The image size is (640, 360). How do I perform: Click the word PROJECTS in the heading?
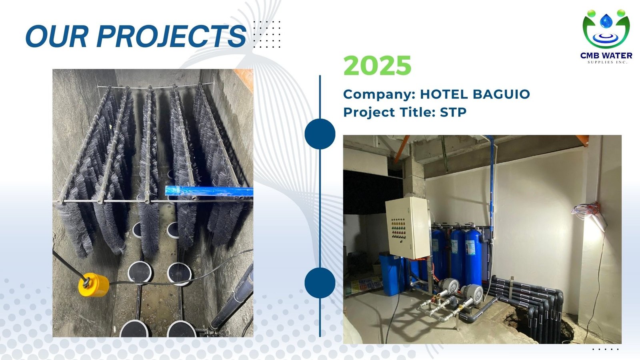[172, 36]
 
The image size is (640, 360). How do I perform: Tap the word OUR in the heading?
[56, 36]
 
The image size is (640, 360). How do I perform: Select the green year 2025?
[377, 66]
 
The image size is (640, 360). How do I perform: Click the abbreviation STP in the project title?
[453, 112]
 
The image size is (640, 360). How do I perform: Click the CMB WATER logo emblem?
[606, 28]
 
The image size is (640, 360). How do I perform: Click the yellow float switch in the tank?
[94, 284]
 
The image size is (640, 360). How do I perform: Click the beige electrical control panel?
[408, 228]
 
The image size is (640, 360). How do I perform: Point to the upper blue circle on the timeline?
[320, 134]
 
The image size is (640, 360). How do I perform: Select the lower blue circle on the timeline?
[320, 283]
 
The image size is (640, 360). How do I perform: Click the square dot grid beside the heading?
[267, 34]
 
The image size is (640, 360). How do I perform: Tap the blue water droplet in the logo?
[606, 21]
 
